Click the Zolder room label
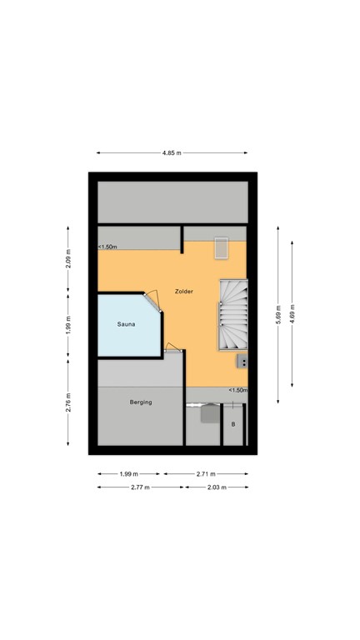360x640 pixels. (184, 292)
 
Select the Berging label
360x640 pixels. (141, 402)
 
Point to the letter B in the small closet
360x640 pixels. (233, 424)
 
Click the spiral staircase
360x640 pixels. (234, 315)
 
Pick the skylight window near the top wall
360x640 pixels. (222, 248)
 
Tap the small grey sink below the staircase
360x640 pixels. (242, 362)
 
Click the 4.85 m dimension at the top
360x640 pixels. (172, 153)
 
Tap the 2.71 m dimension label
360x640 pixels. (206, 474)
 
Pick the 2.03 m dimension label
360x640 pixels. (216, 487)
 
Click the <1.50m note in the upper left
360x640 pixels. (107, 247)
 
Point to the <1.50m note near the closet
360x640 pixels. (238, 390)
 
